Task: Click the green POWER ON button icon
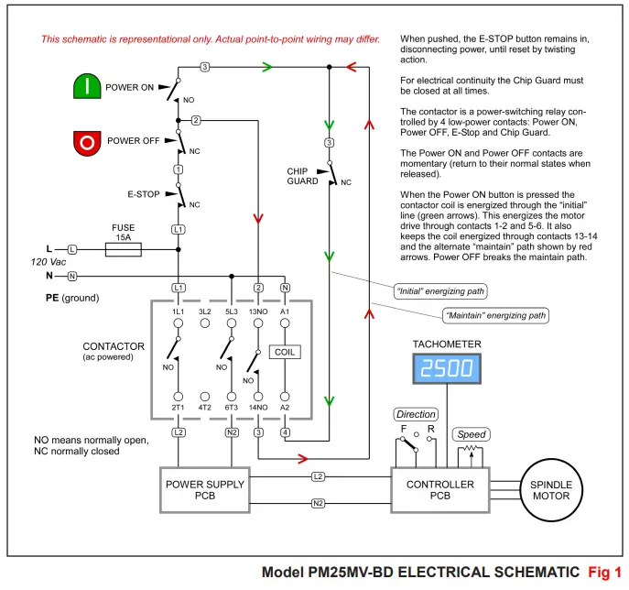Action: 87,87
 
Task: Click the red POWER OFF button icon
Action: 87,142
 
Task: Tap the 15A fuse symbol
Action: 122,248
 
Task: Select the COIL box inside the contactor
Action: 285,352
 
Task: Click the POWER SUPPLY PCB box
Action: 198,490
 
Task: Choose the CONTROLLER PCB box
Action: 439,490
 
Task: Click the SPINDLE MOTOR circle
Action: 552,490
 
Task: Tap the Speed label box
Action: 472,434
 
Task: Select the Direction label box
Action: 416,414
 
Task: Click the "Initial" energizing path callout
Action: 439,291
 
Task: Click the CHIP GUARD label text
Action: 303,176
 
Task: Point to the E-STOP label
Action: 145,194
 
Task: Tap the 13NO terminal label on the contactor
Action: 258,311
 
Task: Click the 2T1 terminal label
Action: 179,407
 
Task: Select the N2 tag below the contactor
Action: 232,432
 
